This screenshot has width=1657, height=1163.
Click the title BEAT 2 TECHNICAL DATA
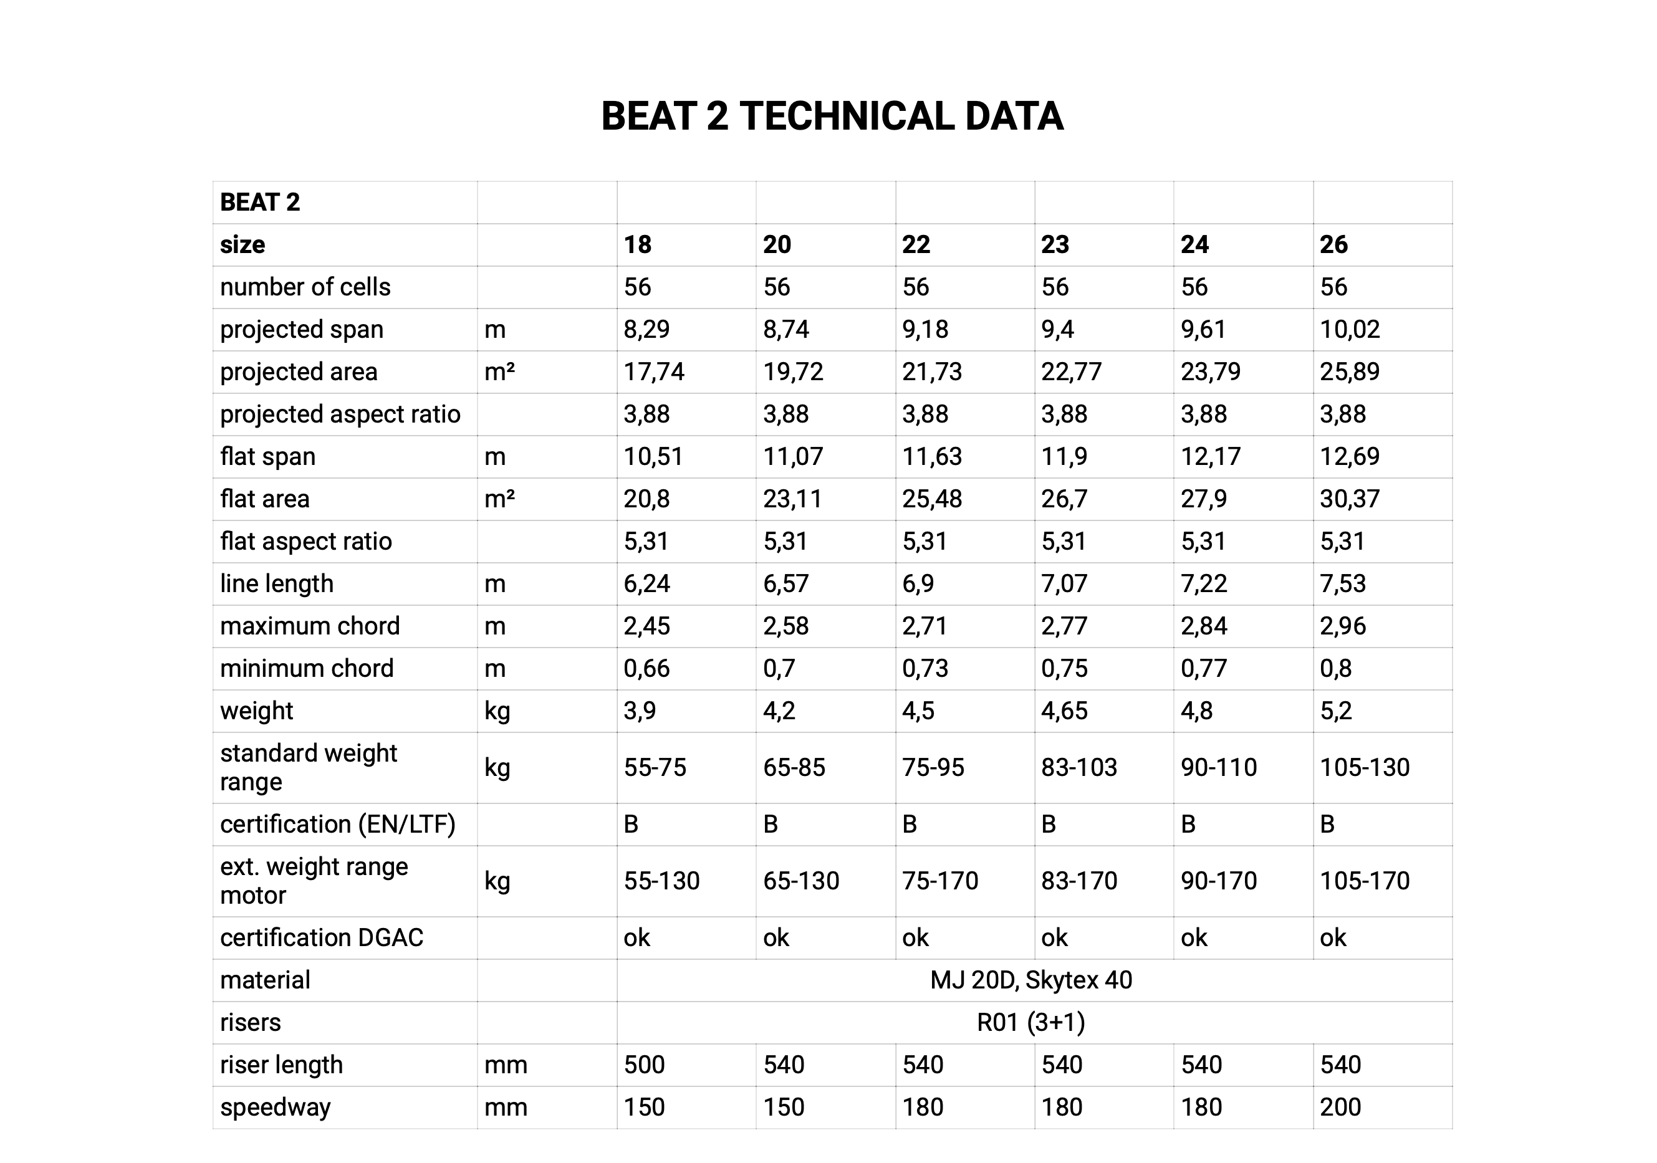click(x=832, y=116)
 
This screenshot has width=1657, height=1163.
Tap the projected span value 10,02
click(x=1349, y=330)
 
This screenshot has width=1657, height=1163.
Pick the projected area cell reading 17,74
click(x=654, y=371)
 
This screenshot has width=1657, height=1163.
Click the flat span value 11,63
click(x=932, y=457)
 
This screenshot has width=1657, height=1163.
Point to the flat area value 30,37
click(x=1349, y=499)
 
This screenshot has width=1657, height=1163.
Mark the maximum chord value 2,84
click(x=1203, y=626)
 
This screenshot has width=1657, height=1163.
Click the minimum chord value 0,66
click(x=646, y=668)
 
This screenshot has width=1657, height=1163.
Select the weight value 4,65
click(x=1064, y=711)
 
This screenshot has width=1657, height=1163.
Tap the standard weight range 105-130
click(x=1364, y=767)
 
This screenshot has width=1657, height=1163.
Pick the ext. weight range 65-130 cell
click(x=801, y=881)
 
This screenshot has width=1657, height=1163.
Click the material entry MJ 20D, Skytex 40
click(x=1030, y=980)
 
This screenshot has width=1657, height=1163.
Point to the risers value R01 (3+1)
click(x=1030, y=1022)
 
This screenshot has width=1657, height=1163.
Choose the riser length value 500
click(x=644, y=1065)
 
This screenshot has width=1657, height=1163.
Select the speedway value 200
click(x=1340, y=1108)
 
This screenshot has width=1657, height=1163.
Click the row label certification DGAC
click(x=321, y=938)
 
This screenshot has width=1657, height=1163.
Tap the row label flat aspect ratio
click(x=305, y=541)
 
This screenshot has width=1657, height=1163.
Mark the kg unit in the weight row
click(x=497, y=711)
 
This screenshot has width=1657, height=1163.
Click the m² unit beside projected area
click(x=499, y=371)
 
